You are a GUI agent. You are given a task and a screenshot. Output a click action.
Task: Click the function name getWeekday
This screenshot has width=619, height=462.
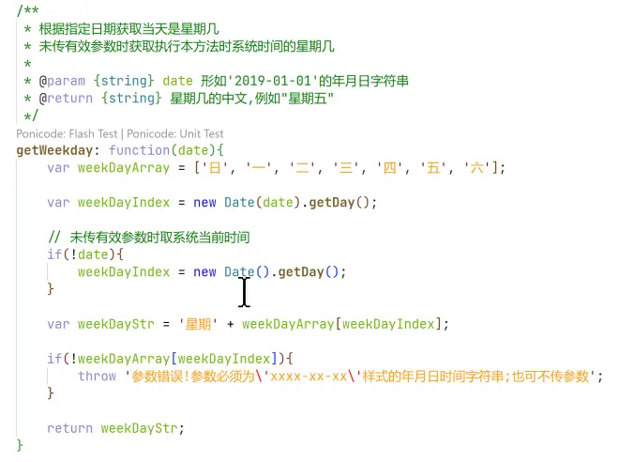pos(54,150)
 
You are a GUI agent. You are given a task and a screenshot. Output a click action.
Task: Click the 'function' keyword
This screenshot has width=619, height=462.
pos(139,150)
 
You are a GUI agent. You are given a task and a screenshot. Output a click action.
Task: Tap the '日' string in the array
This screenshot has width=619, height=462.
pos(215,168)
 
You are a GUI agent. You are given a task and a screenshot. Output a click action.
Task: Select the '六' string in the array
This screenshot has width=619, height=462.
pos(476,168)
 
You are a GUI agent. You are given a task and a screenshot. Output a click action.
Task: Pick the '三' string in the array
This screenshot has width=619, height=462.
pos(346,168)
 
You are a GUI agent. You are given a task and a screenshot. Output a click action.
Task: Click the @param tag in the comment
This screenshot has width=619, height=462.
pos(62,81)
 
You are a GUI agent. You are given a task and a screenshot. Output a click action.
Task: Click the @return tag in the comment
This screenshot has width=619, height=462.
pos(66,99)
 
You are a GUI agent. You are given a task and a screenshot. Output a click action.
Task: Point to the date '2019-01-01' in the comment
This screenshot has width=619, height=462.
pos(277,81)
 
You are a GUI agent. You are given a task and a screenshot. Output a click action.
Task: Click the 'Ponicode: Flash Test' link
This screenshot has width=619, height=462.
pos(67,134)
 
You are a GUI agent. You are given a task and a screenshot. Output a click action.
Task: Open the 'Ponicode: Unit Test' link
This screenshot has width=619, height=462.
pos(174,134)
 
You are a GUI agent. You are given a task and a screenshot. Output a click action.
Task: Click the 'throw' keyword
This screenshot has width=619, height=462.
pos(97,376)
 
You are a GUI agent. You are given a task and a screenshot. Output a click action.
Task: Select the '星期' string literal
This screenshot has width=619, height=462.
pos(198,324)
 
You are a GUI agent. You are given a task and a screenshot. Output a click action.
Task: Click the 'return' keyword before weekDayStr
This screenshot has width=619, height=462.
pos(70,428)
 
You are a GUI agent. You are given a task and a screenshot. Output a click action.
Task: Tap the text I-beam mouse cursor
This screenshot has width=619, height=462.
pos(245,292)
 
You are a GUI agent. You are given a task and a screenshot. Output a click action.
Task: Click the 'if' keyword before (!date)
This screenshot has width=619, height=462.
pos(54,254)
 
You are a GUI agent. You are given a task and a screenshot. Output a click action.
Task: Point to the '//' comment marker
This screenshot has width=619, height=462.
pos(54,238)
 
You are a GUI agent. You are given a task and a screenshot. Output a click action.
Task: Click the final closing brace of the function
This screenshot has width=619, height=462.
pos(20,445)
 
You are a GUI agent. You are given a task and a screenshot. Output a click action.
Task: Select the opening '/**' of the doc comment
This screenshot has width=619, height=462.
pos(27,10)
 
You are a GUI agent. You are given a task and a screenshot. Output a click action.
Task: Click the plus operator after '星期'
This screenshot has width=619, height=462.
pos(230,325)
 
